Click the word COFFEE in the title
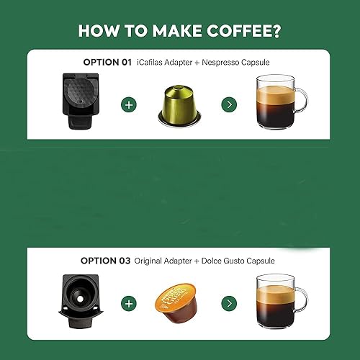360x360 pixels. point(242,31)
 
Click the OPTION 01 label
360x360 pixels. point(106,63)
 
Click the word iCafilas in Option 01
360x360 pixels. point(153,63)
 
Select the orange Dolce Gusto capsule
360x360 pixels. point(179,302)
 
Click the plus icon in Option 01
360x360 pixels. point(130,104)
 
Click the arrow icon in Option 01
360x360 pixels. point(229,104)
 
